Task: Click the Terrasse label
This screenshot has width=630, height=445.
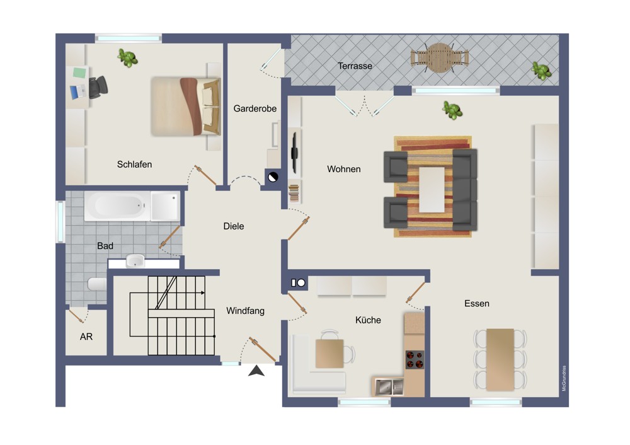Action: [355, 66]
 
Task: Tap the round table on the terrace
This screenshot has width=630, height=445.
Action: [440, 58]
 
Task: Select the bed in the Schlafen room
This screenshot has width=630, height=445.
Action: [186, 106]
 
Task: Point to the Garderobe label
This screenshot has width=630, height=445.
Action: [255, 108]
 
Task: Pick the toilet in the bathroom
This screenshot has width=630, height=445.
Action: [97, 284]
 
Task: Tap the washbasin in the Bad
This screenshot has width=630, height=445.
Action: [135, 260]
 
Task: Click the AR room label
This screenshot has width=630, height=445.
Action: [86, 337]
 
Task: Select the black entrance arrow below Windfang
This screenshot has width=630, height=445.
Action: [256, 371]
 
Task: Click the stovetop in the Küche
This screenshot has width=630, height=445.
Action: [415, 359]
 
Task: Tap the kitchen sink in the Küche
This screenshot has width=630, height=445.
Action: [389, 387]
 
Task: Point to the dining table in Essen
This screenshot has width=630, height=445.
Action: [500, 359]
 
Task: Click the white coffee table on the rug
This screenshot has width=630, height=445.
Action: [432, 189]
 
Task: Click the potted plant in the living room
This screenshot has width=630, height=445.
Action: [452, 110]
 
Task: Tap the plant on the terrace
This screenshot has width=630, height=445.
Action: [541, 71]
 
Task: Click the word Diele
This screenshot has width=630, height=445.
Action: [234, 226]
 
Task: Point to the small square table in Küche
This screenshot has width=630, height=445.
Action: [329, 354]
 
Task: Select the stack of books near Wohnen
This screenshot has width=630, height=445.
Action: [294, 192]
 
